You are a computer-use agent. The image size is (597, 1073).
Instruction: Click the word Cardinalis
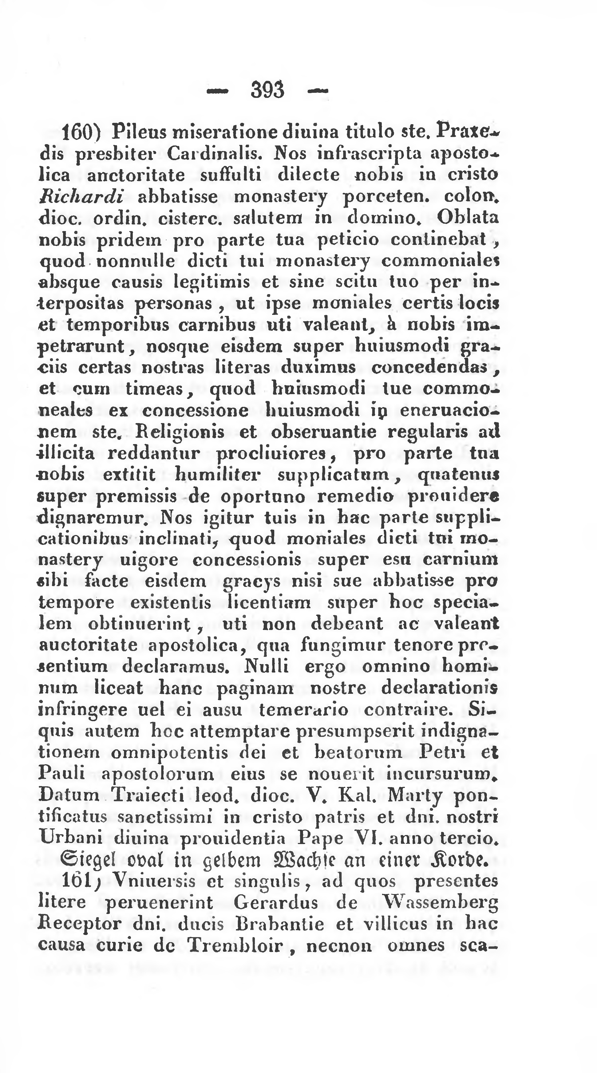coord(214,154)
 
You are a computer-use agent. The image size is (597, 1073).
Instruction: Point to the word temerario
coord(304,709)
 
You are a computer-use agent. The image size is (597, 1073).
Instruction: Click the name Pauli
coord(61,774)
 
